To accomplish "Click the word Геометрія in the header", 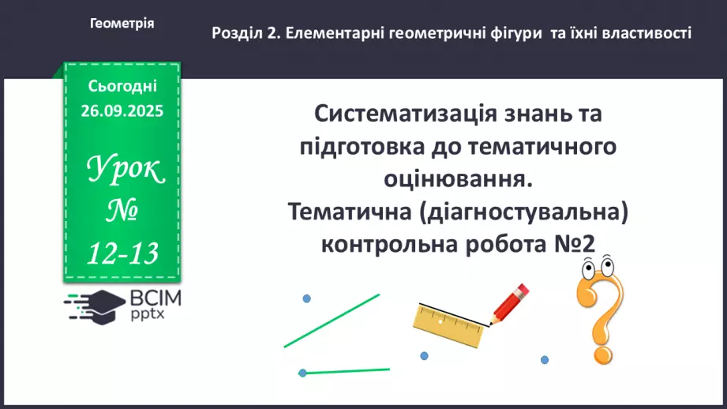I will pos(122,24).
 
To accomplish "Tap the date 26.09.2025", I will pos(122,111).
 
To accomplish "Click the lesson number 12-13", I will pos(123,253).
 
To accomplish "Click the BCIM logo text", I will pos(156,298).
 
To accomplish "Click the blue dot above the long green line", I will pos(306,298).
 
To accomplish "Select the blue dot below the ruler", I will pos(424,355).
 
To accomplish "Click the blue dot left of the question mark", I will pos(544,359).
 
